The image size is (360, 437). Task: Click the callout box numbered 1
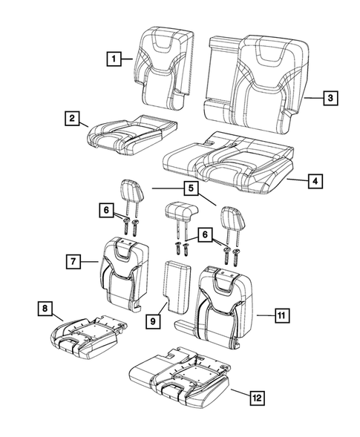point(114,57)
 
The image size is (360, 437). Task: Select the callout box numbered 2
point(72,118)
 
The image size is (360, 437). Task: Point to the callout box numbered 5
point(191,189)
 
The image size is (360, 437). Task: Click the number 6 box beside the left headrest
point(107,211)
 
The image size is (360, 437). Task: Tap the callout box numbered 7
point(73,261)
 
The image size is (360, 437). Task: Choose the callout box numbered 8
point(45,307)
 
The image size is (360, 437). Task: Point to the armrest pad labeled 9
point(177,289)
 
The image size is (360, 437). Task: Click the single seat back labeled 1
point(161,67)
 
